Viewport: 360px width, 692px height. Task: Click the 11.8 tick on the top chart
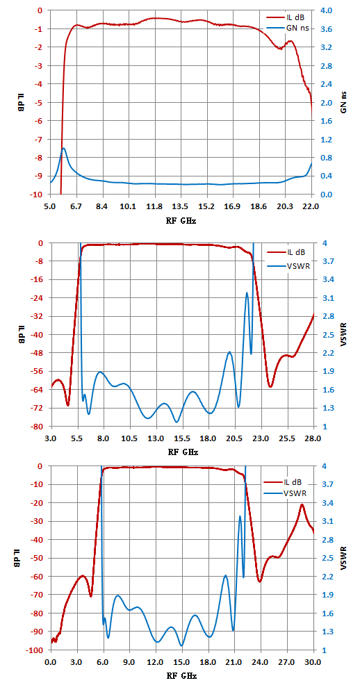tap(154, 206)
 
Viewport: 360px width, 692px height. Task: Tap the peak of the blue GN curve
tap(64, 148)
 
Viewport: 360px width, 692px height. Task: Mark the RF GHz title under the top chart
tap(181, 221)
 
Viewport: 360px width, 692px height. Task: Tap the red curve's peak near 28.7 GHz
tap(302, 504)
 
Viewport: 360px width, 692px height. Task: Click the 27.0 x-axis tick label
tap(288, 662)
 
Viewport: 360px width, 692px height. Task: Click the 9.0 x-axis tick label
tap(130, 662)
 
